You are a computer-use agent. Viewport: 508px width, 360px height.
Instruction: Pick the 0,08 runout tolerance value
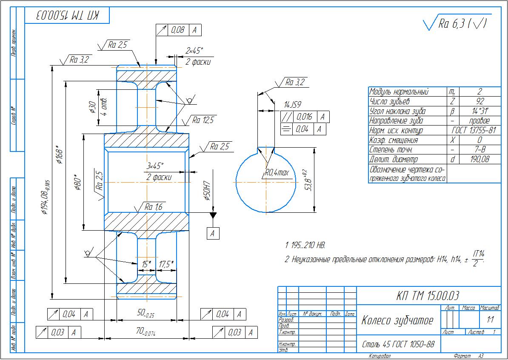pos(178,30)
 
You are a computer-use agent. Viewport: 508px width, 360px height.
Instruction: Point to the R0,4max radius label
pos(277,173)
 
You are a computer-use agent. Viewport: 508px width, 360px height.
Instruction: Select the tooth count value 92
pos(479,101)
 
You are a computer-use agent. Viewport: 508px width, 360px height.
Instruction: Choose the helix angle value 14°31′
pos(479,111)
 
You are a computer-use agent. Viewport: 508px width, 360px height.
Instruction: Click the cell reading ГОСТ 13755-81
pos(474,130)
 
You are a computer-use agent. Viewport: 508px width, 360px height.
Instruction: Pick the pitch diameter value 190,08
pos(479,159)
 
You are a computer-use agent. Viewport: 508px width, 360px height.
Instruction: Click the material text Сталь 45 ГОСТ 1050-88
pos(398,344)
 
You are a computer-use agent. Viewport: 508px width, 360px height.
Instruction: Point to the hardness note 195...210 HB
pos(305,246)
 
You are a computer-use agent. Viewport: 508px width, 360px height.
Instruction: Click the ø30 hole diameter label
pos(92,107)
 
